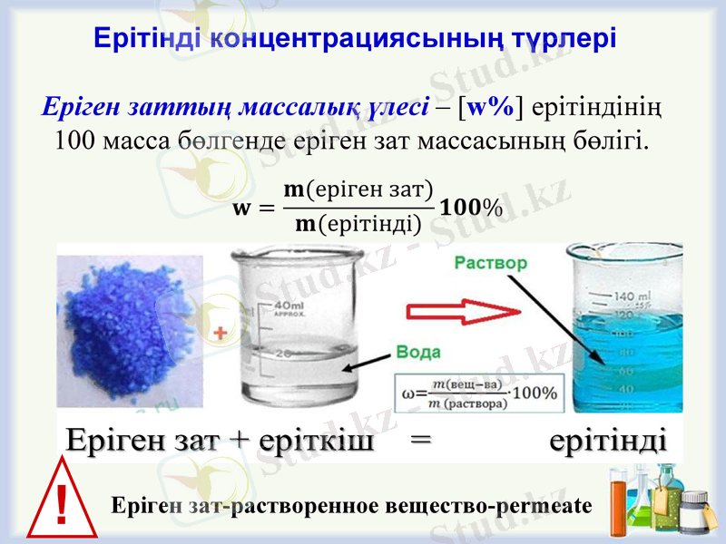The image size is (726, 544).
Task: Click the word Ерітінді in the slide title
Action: [148, 38]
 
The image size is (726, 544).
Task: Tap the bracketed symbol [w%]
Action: [490, 108]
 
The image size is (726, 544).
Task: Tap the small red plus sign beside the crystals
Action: [218, 334]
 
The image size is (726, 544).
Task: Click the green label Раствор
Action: [490, 263]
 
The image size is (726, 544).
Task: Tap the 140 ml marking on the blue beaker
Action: [631, 297]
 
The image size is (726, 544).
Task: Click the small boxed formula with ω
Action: [481, 393]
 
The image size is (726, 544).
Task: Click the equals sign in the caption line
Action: [418, 442]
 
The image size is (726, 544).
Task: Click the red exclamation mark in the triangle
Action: [61, 505]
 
